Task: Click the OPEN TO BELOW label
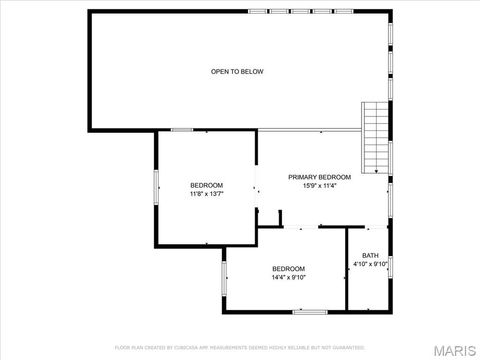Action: [x=237, y=71]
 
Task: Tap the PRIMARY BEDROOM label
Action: [x=319, y=177]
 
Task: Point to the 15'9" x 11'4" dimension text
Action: [x=319, y=186]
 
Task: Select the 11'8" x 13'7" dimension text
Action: [x=206, y=194]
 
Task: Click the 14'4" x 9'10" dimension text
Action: [x=288, y=277]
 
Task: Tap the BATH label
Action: [x=370, y=255]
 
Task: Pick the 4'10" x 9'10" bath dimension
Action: [x=370, y=264]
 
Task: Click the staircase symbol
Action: [x=375, y=137]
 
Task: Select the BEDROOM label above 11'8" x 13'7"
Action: [x=206, y=185]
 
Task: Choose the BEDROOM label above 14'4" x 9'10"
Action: [x=288, y=268]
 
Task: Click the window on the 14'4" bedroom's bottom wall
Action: [x=310, y=312]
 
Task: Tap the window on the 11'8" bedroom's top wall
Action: [x=182, y=130]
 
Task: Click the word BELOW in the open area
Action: [x=252, y=71]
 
